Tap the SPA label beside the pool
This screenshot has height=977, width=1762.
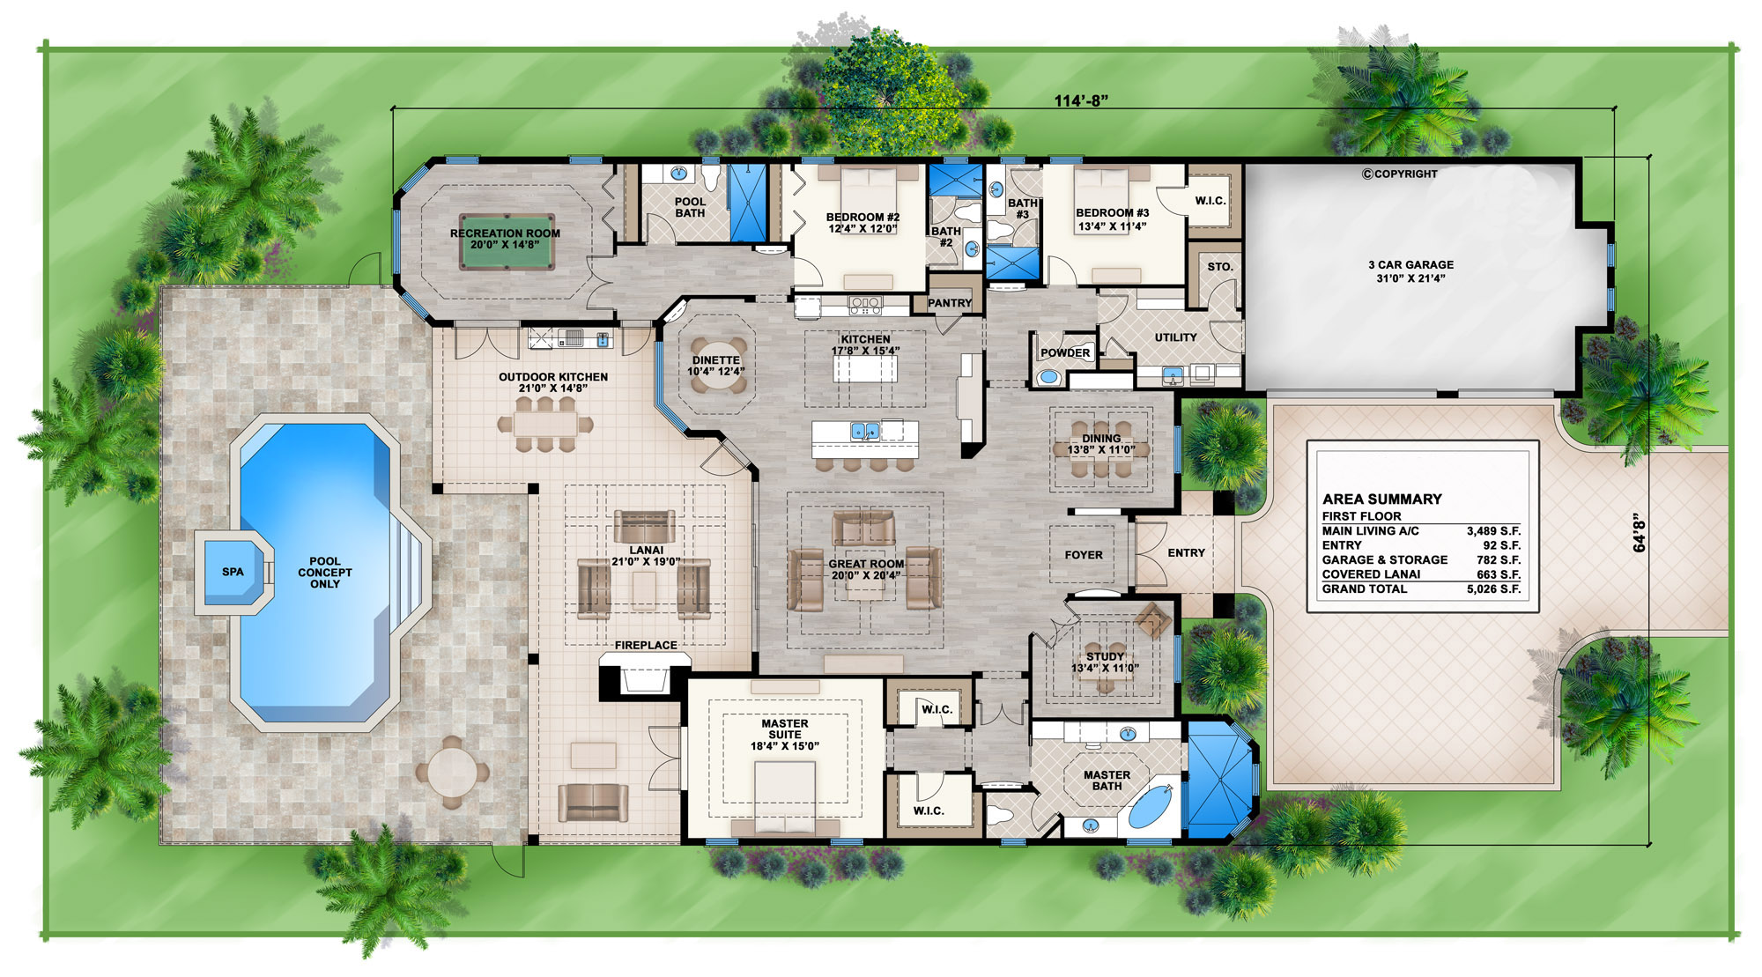(x=233, y=572)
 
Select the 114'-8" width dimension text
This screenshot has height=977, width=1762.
(x=1081, y=100)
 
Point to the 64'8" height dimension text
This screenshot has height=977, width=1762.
(x=1639, y=533)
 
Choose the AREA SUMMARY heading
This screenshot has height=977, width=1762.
(x=1381, y=499)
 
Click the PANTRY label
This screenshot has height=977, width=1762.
(x=949, y=303)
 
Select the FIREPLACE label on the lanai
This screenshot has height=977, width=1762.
(x=646, y=645)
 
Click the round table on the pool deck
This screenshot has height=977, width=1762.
(x=451, y=773)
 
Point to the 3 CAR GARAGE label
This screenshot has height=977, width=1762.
(x=1410, y=264)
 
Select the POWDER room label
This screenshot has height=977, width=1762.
(x=1065, y=352)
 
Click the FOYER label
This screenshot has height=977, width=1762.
(x=1083, y=555)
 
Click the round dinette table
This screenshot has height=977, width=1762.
(x=716, y=365)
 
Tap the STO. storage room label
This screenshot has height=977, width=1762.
(x=1220, y=266)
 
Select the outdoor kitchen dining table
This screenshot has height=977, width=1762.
(x=544, y=424)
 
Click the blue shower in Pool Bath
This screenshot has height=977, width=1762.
(x=748, y=203)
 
